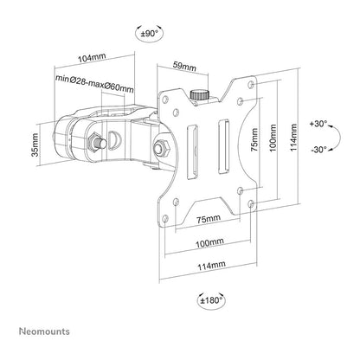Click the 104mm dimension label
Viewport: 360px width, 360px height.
93,58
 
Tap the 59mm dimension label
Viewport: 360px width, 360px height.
184,67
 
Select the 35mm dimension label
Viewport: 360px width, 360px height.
35,145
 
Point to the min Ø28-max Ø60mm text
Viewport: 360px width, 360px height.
94,83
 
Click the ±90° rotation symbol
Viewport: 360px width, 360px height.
149,34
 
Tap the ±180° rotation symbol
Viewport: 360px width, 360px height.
211,300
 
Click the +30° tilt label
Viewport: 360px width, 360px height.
318,124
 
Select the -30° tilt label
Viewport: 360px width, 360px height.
319,150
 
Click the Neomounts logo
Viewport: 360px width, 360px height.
44,331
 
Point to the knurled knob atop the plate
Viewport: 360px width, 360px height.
199,94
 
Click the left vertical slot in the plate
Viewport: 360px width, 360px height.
192,152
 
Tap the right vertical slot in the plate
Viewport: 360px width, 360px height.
223,147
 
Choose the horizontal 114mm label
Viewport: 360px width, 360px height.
211,265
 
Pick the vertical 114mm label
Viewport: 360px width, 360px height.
293,138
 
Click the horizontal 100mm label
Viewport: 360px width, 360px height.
209,243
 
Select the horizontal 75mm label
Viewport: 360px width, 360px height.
209,219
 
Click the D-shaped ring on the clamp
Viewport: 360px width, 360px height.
115,139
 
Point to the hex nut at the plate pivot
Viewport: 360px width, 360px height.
160,147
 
